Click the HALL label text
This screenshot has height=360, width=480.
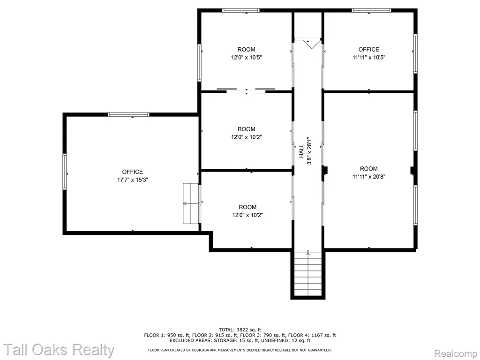coord(301,151)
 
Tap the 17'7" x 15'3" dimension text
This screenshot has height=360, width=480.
coord(133,180)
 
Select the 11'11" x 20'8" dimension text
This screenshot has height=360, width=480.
coord(369,176)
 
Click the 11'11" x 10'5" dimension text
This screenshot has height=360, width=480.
coord(369,57)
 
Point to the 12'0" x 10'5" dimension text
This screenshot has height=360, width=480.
coord(247,57)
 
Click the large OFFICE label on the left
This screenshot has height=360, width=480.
coord(133,172)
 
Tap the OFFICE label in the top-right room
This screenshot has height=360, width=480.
coord(369,49)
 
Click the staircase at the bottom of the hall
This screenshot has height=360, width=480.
coord(308,273)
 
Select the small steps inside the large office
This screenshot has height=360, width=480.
coord(191,203)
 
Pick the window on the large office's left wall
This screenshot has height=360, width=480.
coord(65,172)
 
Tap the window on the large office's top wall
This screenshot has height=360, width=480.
coord(128,114)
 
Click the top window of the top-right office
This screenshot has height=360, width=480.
coord(371,10)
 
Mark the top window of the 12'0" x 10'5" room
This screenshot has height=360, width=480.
coord(241,10)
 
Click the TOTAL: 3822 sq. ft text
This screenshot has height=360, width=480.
coord(240,330)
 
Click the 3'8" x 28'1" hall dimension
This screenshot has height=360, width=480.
coord(309,151)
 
